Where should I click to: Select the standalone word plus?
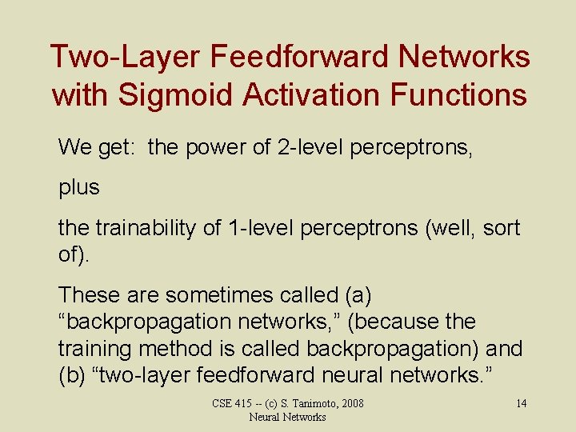[79, 188]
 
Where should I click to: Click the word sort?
[502, 228]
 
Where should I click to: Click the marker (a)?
[355, 295]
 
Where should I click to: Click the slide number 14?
[521, 403]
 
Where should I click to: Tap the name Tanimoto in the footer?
[308, 403]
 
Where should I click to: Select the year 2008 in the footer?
[350, 403]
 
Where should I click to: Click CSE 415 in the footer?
[233, 403]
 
